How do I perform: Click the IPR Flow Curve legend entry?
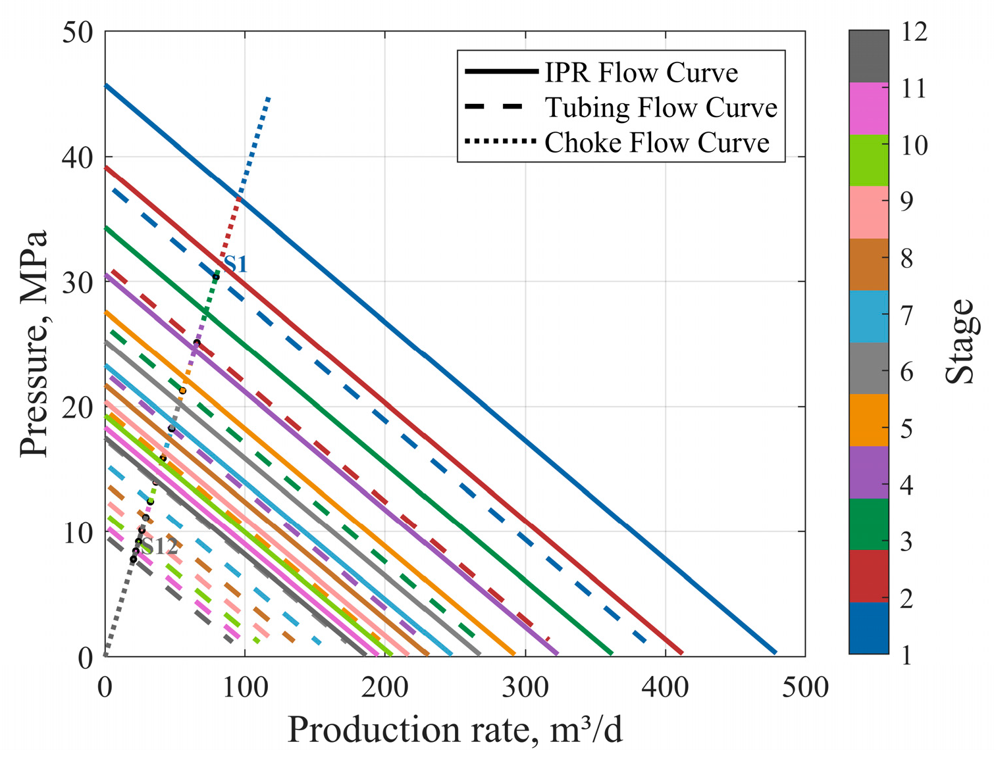click(641, 72)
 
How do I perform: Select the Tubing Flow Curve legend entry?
click(660, 107)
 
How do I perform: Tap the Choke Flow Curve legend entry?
click(656, 142)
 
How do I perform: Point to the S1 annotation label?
click(236, 264)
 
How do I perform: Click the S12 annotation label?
click(160, 547)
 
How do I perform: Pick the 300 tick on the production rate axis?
click(525, 687)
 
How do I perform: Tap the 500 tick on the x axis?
click(804, 687)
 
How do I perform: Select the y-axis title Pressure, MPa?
click(34, 343)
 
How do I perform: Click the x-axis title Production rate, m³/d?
click(455, 730)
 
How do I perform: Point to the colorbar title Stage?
click(959, 342)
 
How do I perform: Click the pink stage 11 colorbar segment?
click(868, 109)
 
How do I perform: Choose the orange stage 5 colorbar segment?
click(868, 420)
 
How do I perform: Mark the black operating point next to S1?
click(215, 277)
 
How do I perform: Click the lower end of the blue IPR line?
click(775, 652)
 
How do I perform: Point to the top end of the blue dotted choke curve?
click(269, 97)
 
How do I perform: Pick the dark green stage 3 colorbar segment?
click(868, 524)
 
